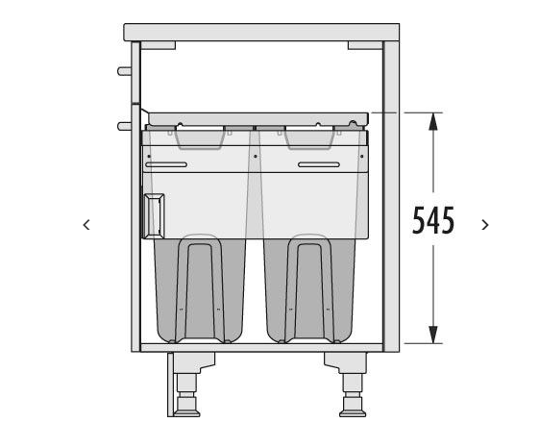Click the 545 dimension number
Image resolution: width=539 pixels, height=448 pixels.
[x=433, y=220]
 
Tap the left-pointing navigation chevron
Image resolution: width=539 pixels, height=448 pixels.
[x=86, y=225]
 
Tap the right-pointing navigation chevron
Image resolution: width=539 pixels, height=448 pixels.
[x=485, y=225]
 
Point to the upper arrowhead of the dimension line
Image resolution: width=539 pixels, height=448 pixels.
[x=433, y=121]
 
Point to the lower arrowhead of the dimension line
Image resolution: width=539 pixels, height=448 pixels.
[x=433, y=335]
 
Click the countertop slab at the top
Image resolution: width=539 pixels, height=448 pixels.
[x=261, y=33]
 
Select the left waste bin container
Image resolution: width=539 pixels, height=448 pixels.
[x=200, y=289]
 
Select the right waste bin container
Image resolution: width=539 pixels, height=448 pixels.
[x=309, y=289]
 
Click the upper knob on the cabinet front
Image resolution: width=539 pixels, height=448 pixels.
[x=124, y=71]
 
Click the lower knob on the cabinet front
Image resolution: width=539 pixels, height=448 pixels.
[x=124, y=126]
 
